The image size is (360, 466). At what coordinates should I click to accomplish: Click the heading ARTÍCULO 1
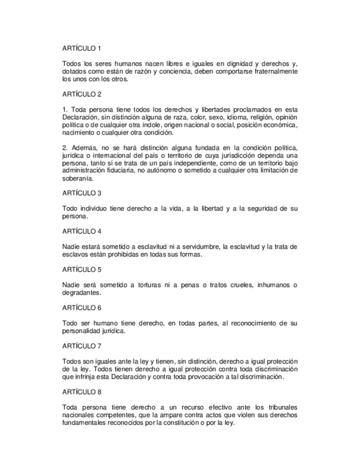pyautogui.click(x=82, y=48)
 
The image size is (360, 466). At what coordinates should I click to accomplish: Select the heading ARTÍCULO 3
pyautogui.click(x=82, y=193)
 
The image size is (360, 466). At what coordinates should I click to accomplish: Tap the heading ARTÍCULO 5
pyautogui.click(x=82, y=270)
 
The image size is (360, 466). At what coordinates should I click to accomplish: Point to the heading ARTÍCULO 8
pyautogui.click(x=82, y=392)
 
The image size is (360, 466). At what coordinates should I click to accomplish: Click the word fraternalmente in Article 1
pyautogui.click(x=272, y=71)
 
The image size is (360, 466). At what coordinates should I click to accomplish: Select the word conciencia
pyautogui.click(x=174, y=71)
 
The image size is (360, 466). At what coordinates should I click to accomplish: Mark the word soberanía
pyautogui.click(x=78, y=179)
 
